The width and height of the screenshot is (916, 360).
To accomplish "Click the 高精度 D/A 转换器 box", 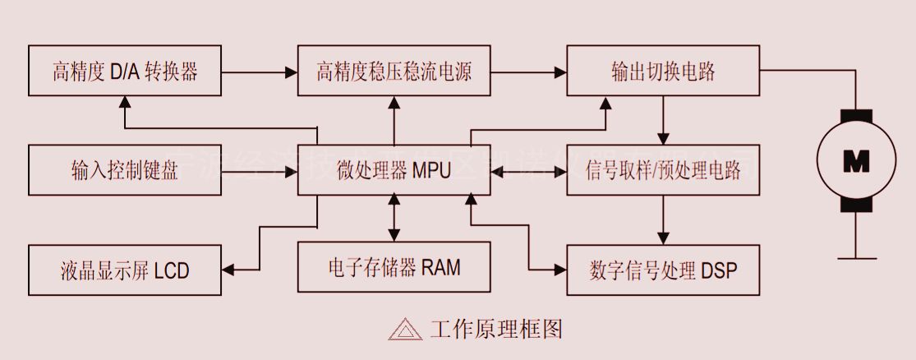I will click(x=125, y=72).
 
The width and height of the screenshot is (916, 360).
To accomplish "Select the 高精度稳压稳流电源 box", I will click(x=394, y=72).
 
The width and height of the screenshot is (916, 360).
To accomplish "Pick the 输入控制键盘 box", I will click(x=125, y=170).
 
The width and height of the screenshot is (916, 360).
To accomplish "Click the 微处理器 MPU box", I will click(x=394, y=170).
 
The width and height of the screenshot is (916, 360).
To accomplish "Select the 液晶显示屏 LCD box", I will click(x=125, y=270).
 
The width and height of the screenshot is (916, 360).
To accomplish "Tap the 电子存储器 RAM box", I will click(x=394, y=266).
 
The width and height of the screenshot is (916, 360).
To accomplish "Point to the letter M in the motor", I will click(x=856, y=163).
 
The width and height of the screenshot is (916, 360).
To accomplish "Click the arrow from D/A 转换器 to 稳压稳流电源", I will click(x=259, y=72).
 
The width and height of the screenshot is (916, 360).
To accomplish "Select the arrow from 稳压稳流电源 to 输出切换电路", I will click(x=529, y=72).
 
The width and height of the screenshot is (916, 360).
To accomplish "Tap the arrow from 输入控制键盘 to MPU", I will click(x=259, y=172).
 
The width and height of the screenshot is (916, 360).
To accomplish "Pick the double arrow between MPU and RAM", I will click(x=395, y=218).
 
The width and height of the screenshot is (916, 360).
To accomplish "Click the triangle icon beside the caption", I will click(x=405, y=330).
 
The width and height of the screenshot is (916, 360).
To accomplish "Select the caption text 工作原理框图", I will click(x=496, y=330).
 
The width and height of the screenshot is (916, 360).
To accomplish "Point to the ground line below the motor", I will click(x=856, y=257).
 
